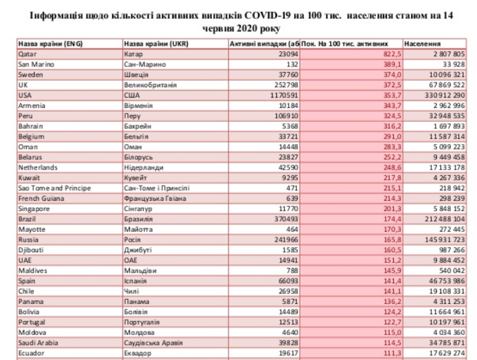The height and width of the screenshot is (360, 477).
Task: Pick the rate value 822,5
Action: point(390,53)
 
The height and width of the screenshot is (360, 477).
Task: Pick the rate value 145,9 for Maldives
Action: point(390,270)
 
